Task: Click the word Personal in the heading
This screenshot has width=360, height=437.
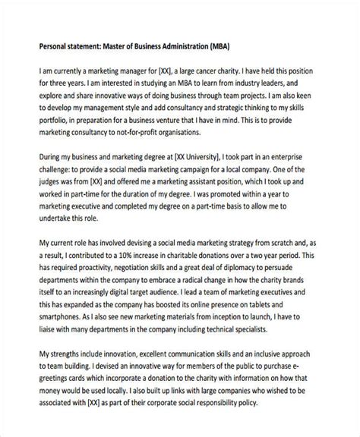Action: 35,44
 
